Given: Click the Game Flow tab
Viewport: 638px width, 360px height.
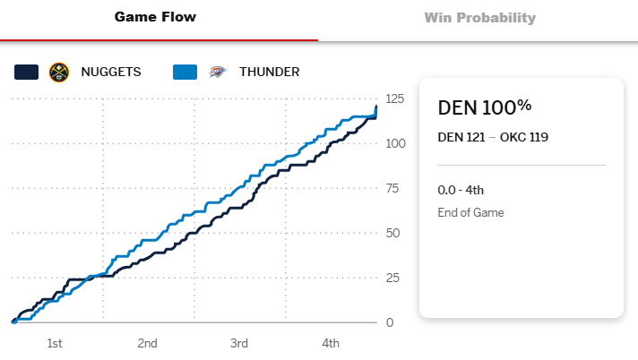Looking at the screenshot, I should [x=155, y=17].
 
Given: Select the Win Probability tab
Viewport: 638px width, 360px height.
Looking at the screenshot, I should [x=479, y=17].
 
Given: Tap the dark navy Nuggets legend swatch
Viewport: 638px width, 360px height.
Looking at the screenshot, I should [x=27, y=72].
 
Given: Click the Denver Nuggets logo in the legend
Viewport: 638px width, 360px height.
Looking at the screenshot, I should [x=60, y=72].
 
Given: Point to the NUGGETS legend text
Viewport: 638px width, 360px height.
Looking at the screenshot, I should [x=111, y=72].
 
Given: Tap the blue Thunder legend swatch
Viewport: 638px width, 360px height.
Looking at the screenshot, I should [x=185, y=72].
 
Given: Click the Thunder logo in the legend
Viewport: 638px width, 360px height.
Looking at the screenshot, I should [x=218, y=72].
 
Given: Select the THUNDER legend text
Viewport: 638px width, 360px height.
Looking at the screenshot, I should [x=270, y=72].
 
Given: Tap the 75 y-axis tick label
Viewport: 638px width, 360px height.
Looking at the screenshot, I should [x=392, y=188].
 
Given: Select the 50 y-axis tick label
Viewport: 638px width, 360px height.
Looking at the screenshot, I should [x=392, y=233].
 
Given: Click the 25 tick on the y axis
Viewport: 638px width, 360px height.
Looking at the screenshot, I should [x=392, y=278].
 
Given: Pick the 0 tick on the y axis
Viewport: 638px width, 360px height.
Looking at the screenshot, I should [x=389, y=322].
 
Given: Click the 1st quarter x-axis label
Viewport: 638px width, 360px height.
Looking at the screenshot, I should [x=55, y=344].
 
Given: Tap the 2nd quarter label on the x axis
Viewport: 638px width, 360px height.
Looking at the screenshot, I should [x=148, y=344].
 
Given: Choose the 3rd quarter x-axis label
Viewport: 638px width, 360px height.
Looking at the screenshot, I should [x=239, y=344].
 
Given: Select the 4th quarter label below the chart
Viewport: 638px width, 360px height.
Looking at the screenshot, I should [x=331, y=344].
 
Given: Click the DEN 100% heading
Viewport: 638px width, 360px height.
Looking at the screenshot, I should [x=484, y=107].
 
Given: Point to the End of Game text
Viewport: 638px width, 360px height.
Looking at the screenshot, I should [x=470, y=213].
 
